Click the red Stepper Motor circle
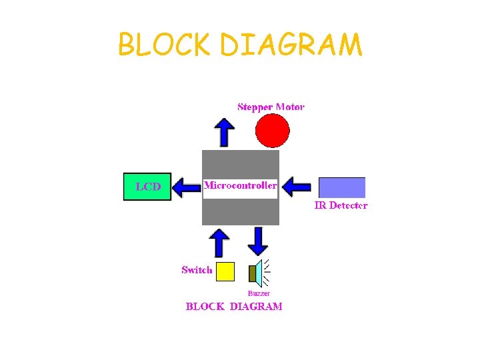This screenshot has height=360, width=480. click(x=273, y=131)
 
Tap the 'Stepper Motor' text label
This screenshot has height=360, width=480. click(x=271, y=107)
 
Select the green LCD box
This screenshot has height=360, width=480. click(x=147, y=187)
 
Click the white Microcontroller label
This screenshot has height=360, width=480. click(x=240, y=186)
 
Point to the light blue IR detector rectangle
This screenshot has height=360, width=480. click(x=342, y=187)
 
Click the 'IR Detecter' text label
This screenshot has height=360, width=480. click(x=341, y=205)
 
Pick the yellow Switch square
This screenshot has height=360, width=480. click(x=226, y=271)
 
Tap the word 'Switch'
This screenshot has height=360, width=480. click(x=197, y=270)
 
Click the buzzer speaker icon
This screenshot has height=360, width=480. click(x=257, y=273)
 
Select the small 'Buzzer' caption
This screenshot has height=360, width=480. click(x=259, y=293)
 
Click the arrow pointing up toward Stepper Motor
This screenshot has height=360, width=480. click(x=225, y=132)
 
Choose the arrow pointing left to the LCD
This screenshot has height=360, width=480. click(x=187, y=187)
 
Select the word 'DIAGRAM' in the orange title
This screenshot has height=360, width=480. click(x=291, y=45)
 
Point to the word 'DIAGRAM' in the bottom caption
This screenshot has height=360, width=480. click(x=256, y=307)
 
